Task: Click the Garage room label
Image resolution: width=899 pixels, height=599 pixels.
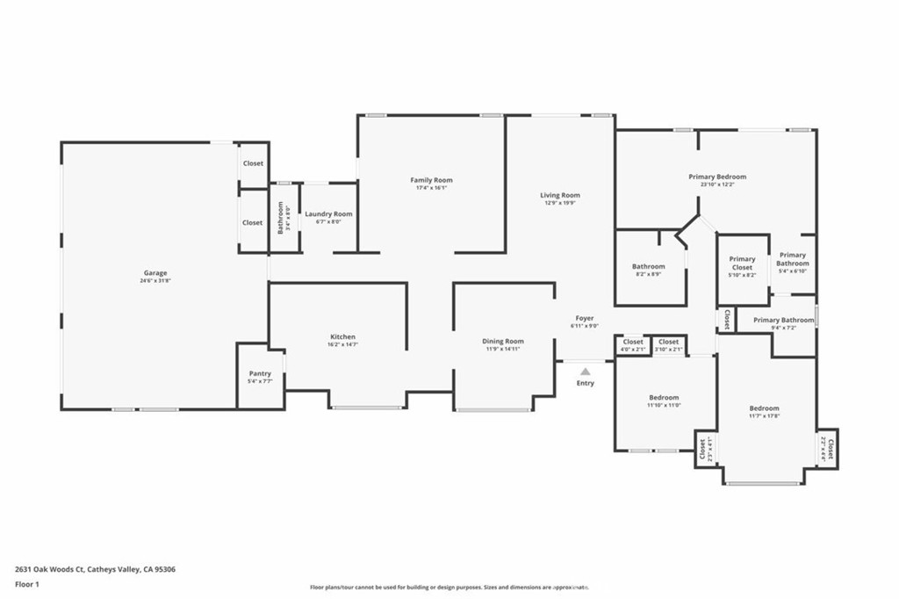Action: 156,273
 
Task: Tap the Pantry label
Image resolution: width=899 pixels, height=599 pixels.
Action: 260,373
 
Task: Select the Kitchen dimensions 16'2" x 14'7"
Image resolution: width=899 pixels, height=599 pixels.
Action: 342,345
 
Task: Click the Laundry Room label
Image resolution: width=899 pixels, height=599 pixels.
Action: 328,214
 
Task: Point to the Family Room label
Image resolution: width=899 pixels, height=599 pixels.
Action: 431,180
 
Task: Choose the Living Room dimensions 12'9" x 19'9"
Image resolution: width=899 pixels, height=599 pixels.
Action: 559,203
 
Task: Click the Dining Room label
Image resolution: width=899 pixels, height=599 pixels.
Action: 502,341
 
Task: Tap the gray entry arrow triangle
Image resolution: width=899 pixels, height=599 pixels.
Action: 585,372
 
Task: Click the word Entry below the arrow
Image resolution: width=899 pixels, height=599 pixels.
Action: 585,383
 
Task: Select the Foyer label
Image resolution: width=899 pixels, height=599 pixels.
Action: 585,318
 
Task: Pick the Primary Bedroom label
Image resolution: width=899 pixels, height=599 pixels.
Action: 716,177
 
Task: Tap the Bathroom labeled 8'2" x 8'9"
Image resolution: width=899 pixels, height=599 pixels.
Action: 648,266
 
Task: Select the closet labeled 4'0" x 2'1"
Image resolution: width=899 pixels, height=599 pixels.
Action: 633,342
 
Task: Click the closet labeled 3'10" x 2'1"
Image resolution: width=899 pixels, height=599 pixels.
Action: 668,342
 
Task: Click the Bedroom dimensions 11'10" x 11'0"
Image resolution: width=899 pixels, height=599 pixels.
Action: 663,406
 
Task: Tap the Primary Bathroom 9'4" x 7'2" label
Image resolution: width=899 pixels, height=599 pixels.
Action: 783,320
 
